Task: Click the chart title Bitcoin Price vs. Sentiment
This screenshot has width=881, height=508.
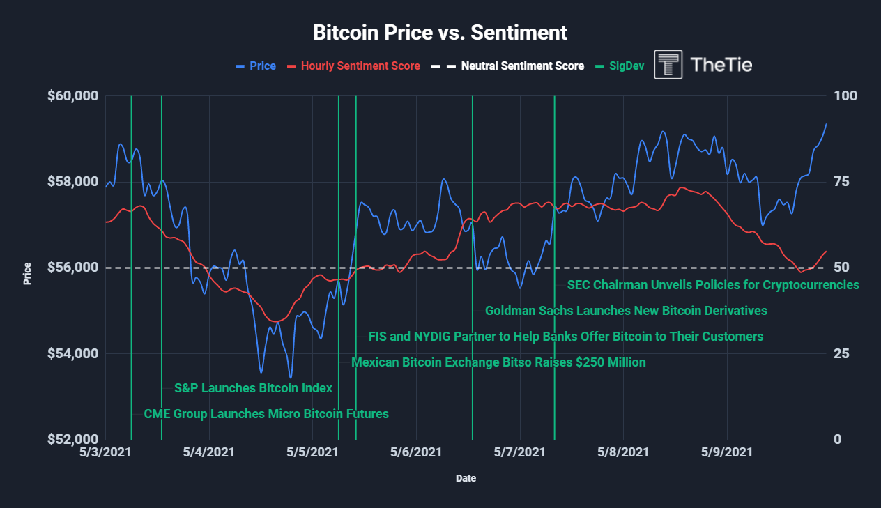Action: tap(440, 33)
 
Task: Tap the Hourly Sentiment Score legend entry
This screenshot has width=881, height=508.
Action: tap(360, 66)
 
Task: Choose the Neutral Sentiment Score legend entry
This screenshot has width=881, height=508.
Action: tap(522, 66)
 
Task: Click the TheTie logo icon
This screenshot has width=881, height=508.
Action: tap(668, 65)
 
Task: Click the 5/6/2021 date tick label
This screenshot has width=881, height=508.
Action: tap(416, 452)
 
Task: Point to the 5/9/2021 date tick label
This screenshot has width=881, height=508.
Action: tap(727, 452)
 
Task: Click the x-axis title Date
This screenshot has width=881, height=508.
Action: tap(466, 479)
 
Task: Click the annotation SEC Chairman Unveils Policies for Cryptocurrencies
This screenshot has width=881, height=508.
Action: tap(713, 285)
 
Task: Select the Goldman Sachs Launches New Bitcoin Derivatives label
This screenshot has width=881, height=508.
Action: tap(626, 311)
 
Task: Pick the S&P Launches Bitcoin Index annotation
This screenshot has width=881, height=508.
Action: tap(253, 388)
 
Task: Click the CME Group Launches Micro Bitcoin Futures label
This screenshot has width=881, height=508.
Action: tap(266, 414)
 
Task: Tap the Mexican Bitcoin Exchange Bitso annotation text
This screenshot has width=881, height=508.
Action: tap(498, 362)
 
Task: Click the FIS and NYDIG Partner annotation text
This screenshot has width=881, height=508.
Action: tap(566, 337)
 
